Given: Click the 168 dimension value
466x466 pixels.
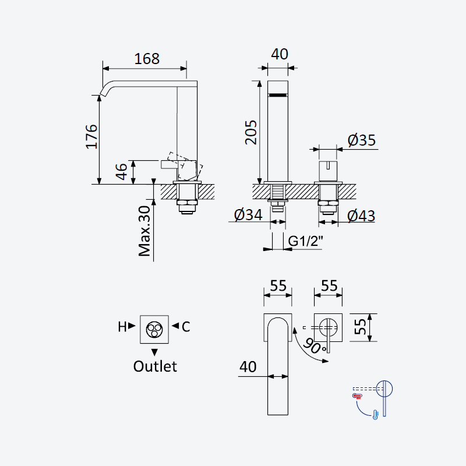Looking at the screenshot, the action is [x=147, y=59].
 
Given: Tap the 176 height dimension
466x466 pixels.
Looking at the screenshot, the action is [x=91, y=136].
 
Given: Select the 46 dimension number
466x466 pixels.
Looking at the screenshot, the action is [x=121, y=171].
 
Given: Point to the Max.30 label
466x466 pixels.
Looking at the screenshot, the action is [x=144, y=231].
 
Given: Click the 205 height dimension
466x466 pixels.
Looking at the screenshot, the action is [x=251, y=132].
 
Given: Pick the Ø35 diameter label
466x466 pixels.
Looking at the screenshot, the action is [x=362, y=140].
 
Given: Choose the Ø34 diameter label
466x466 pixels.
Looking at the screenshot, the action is [x=248, y=214].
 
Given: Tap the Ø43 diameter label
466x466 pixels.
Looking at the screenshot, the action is [x=361, y=216].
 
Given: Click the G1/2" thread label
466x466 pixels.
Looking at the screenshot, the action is [x=305, y=241].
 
